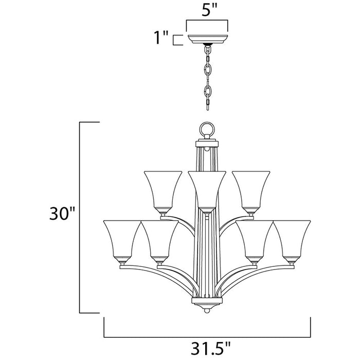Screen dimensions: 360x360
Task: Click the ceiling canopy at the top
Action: [207, 39]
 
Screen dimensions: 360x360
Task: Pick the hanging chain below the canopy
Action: [208, 77]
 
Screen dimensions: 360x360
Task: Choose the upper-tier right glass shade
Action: [250, 190]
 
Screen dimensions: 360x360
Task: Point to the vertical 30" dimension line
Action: [79, 216]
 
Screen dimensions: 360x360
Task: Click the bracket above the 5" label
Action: [207, 22]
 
